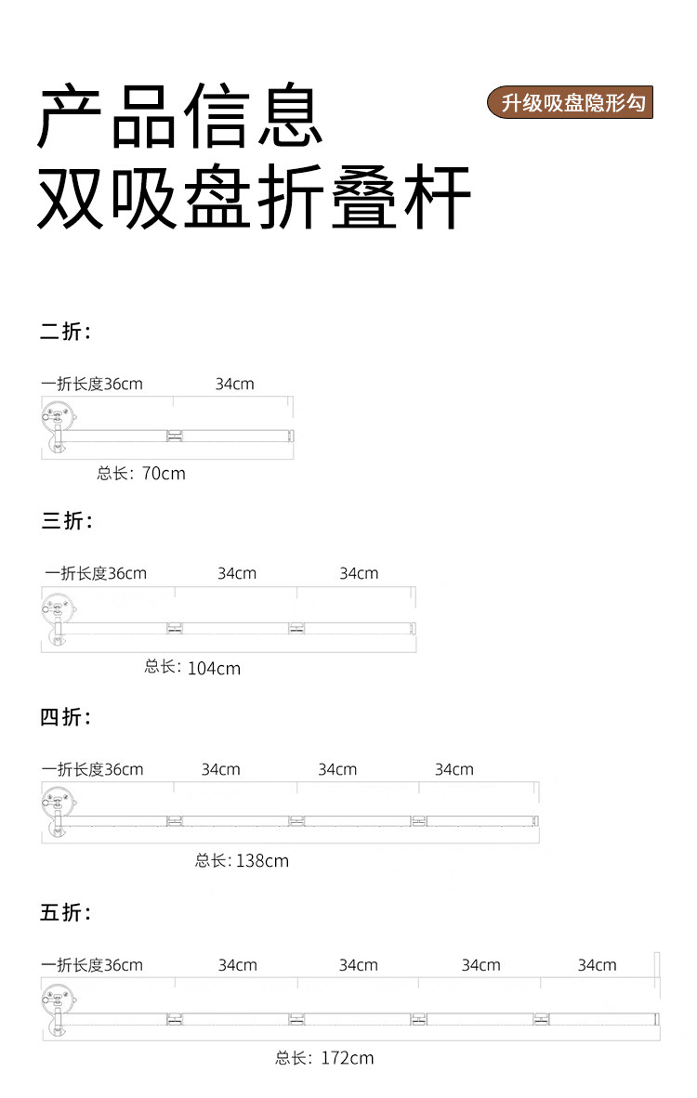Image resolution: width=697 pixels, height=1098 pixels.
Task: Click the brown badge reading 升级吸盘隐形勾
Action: pyautogui.click(x=572, y=102)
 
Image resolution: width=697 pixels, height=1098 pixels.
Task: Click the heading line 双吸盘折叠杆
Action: pyautogui.click(x=254, y=197)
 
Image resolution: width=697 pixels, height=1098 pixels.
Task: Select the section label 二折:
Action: pyautogui.click(x=65, y=332)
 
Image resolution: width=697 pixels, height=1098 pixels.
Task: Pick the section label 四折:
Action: pyautogui.click(x=66, y=717)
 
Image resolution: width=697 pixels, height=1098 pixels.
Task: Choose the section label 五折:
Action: pyautogui.click(x=66, y=913)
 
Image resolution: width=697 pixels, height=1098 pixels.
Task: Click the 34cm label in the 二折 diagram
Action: pyautogui.click(x=234, y=384)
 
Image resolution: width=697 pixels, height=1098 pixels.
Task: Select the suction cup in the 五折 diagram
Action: pyautogui.click(x=57, y=1000)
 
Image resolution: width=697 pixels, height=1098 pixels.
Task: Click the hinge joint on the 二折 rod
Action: pyautogui.click(x=174, y=435)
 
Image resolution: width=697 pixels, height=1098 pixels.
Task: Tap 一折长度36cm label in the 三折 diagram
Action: pyautogui.click(x=96, y=573)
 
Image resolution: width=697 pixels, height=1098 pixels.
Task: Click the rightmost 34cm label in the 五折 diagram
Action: pyautogui.click(x=597, y=965)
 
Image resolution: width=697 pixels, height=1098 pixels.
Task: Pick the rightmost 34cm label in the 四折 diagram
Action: pyautogui.click(x=454, y=769)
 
